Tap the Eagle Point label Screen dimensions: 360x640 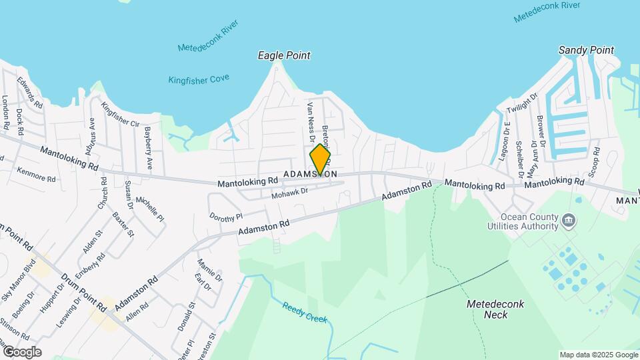(284, 56)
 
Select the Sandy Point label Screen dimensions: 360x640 (586, 50)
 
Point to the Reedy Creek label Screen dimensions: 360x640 (305, 312)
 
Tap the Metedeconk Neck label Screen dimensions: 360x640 (495, 309)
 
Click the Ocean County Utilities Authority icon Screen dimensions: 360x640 (569, 221)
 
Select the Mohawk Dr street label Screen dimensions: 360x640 (289, 193)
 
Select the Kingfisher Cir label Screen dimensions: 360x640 (120, 114)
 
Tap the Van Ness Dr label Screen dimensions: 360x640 (310, 121)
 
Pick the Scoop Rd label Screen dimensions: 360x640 (595, 159)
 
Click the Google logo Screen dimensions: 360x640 (22, 352)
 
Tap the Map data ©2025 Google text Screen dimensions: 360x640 (598, 355)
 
